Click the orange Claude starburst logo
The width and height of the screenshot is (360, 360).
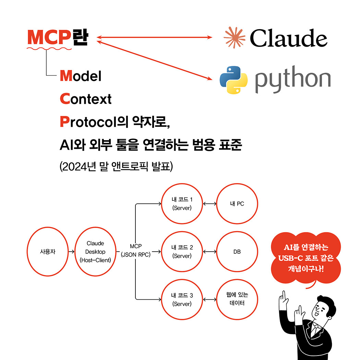[235, 37]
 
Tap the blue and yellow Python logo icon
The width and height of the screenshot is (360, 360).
[233, 80]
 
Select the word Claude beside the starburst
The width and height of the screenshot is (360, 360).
[288, 38]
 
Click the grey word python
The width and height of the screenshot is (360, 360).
[293, 80]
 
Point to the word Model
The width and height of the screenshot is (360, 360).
[81, 76]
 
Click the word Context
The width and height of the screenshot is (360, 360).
[86, 99]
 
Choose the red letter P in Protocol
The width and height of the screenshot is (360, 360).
[64, 121]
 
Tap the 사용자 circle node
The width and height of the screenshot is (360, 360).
[48, 252]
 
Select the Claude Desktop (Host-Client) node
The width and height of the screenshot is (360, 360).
[95, 252]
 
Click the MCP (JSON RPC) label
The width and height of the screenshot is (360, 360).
[136, 251]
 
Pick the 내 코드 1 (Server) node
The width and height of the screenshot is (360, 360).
[182, 204]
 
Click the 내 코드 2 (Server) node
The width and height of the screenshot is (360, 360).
[182, 252]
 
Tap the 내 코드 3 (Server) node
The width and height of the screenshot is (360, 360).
[182, 299]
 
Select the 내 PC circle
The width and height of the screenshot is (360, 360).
[237, 204]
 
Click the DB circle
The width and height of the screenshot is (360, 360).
[237, 252]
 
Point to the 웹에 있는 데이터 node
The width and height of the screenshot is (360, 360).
[237, 299]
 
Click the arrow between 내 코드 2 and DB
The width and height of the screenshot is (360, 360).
[209, 252]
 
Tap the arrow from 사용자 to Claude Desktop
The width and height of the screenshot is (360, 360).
[71, 252]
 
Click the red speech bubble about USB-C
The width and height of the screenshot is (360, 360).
[306, 258]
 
